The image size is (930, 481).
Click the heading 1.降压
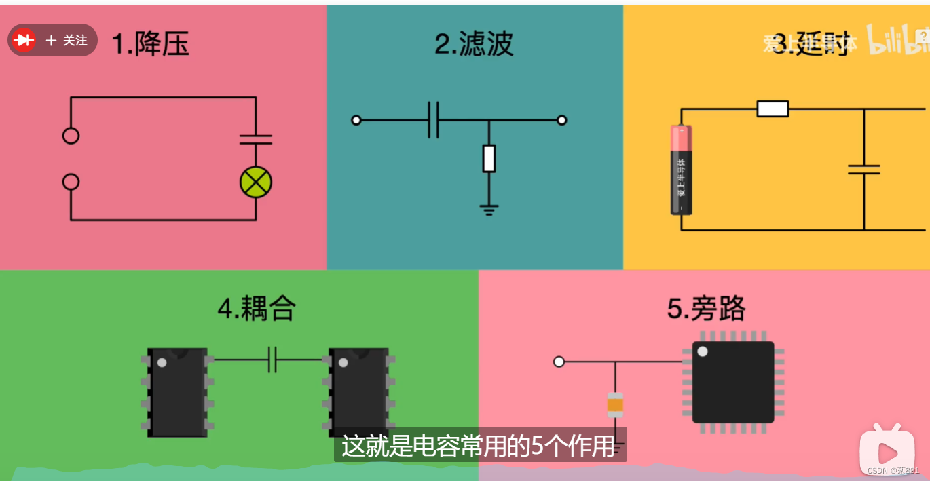pos(150,44)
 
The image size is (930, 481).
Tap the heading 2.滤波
pos(474,44)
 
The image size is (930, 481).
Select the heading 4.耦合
pos(257,309)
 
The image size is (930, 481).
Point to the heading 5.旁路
pos(706,309)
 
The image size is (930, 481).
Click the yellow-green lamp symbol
pos(256,182)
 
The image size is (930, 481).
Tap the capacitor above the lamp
pos(256,139)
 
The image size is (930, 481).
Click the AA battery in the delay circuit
pos(682,170)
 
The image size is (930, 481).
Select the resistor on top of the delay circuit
pos(773,109)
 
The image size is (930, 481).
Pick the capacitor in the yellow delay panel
pos(864,169)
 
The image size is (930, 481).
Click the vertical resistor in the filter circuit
pos(489,158)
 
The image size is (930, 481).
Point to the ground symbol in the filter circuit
pos(489,209)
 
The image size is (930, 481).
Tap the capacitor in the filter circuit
pos(434,120)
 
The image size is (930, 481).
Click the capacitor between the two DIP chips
pos(272,360)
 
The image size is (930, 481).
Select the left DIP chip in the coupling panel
pos(177,392)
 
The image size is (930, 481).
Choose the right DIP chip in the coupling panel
pos(359,392)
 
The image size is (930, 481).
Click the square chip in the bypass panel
pos(733,382)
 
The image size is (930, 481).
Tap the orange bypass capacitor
pos(615,405)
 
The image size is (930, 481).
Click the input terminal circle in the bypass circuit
pos(559,362)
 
